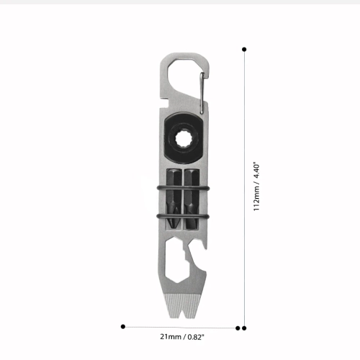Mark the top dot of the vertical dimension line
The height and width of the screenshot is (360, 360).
[245, 49]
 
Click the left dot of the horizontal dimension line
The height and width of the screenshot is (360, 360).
[123, 326]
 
